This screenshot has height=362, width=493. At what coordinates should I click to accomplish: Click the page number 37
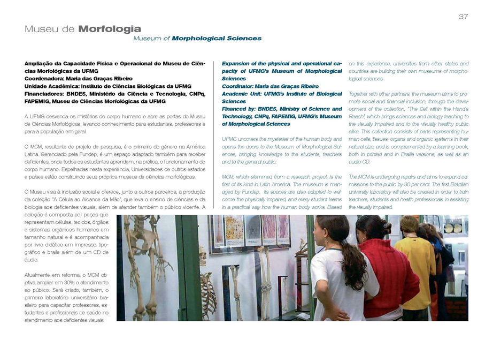(x=463, y=17)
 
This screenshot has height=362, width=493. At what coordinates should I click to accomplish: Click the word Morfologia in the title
(x=110, y=29)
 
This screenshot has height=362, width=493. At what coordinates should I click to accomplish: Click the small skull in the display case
(x=203, y=257)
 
